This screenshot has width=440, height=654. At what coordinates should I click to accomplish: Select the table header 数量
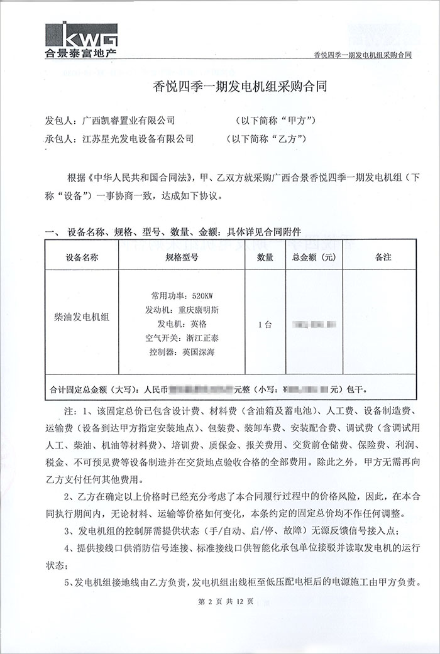[x=265, y=257]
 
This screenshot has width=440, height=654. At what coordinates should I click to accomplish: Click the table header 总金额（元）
[x=314, y=257]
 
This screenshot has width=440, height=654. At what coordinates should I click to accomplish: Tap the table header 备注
[x=383, y=257]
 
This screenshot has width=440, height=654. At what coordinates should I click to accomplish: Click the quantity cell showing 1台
[x=265, y=325]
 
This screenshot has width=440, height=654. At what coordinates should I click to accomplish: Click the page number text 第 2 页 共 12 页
[x=225, y=601]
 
